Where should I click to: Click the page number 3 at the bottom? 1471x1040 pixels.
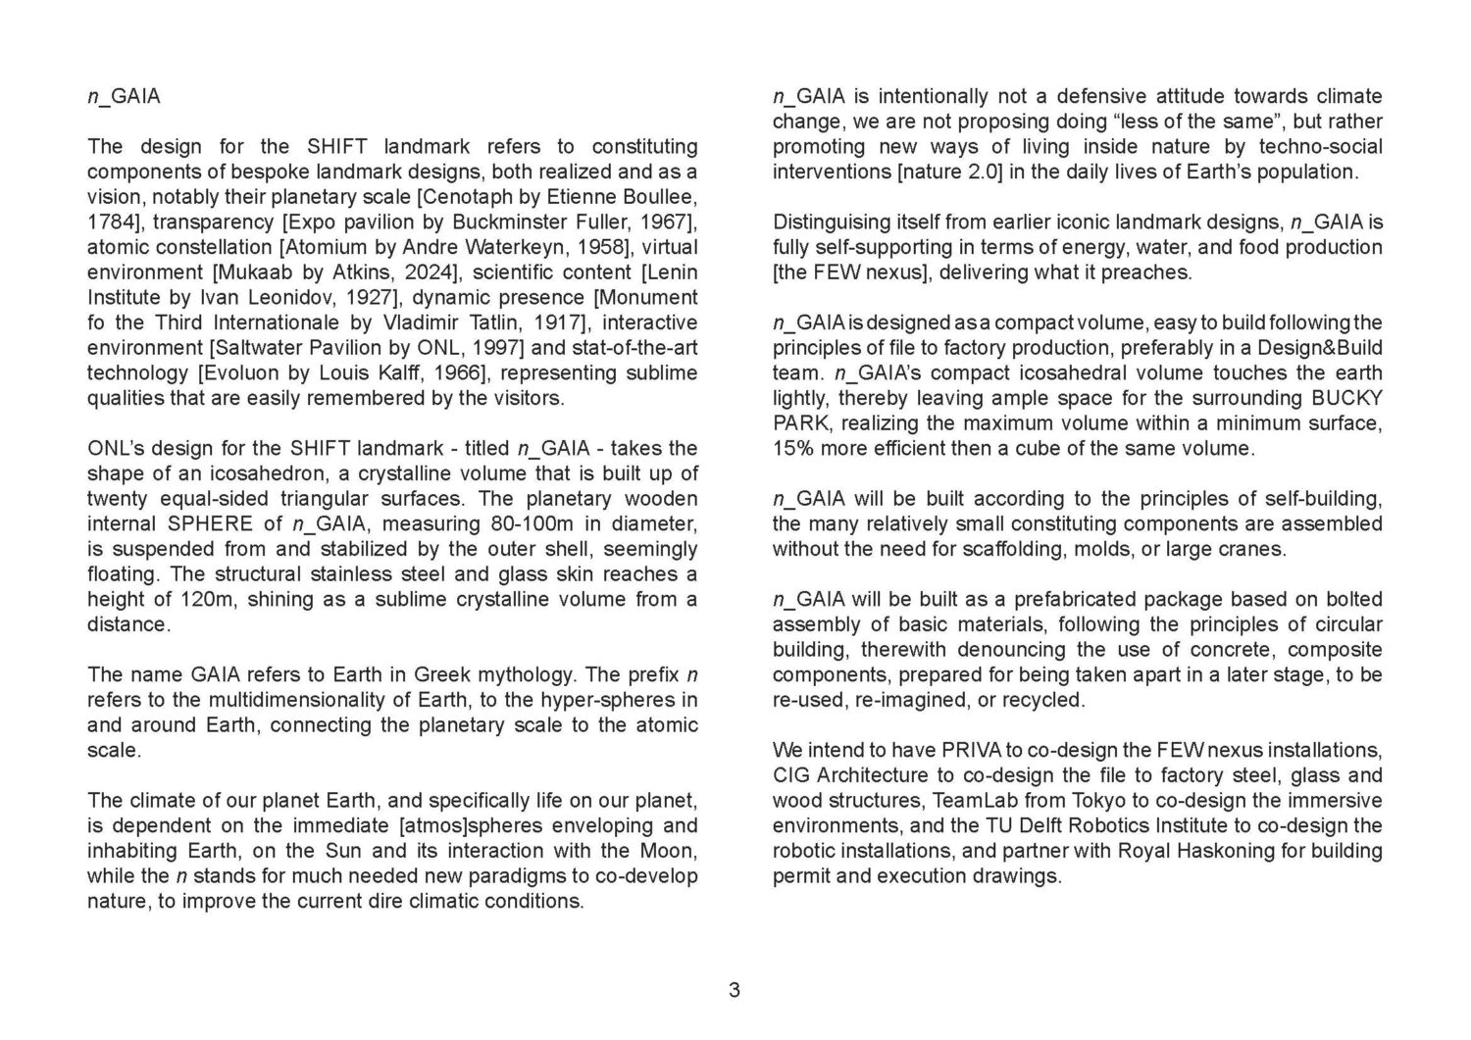(x=735, y=990)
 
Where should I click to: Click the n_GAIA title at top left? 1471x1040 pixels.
(x=124, y=96)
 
